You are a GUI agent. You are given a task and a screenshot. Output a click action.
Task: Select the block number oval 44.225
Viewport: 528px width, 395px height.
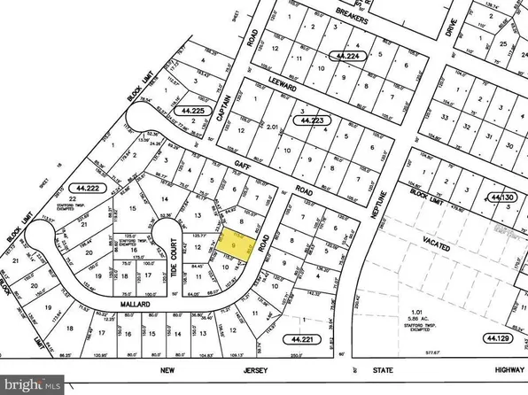[x=193, y=111]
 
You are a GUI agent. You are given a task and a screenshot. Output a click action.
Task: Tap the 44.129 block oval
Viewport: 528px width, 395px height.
[x=501, y=337]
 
